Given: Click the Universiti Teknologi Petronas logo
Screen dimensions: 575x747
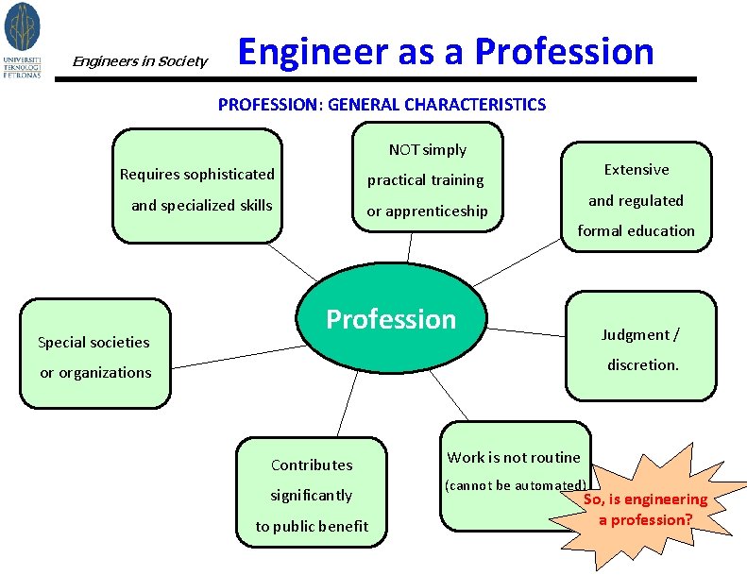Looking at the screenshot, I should coord(23,39).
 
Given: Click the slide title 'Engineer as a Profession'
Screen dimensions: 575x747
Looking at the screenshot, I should coord(446,51).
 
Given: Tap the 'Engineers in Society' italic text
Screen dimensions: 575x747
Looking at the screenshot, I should coord(140,61).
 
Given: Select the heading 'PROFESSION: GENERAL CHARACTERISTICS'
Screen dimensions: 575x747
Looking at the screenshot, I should coord(382,105).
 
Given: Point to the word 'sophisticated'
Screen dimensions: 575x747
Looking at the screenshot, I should coord(229,174).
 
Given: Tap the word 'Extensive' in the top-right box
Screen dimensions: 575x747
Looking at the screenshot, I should coord(637,170).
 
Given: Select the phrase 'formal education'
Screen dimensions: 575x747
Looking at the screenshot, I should coord(636,230).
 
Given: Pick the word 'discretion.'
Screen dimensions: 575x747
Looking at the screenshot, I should coord(642,364).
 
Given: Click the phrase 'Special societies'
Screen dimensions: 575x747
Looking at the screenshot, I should coord(93,342).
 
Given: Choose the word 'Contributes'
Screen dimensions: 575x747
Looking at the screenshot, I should coord(312,465).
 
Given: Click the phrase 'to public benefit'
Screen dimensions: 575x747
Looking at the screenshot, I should coord(312,526).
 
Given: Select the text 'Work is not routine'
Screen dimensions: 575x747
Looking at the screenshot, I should coord(514,457).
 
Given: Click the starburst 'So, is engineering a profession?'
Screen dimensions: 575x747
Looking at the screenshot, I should coord(645,510).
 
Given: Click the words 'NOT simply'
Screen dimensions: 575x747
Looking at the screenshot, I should coord(427,149).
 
